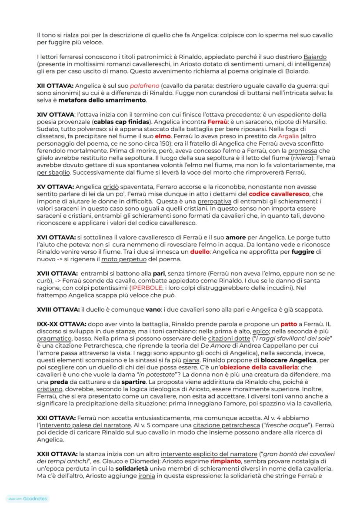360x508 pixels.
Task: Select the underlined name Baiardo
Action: pos(315,57)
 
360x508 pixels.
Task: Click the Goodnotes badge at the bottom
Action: pos(27,499)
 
